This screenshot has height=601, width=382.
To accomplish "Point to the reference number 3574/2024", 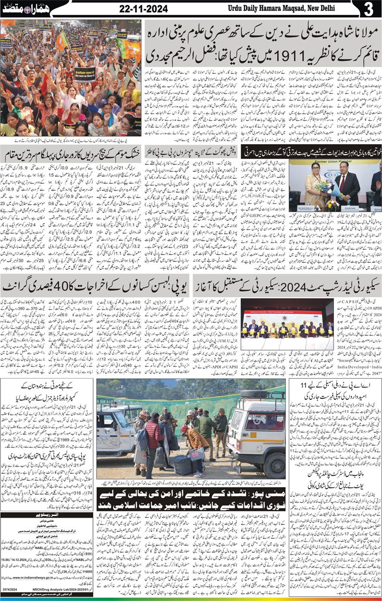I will pyautogui.click(x=10, y=589).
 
